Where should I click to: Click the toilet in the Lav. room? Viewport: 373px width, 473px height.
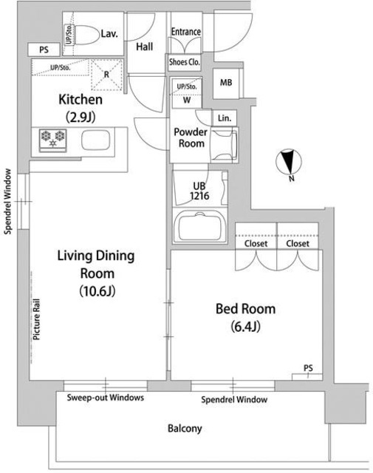pyautogui.click(x=86, y=35)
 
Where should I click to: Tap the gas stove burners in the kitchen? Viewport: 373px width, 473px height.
pyautogui.click(x=52, y=140)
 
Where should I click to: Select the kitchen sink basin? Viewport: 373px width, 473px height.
pyautogui.click(x=95, y=140)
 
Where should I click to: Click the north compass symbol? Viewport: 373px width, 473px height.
pyautogui.click(x=289, y=163)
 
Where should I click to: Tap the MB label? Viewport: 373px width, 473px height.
pyautogui.click(x=226, y=82)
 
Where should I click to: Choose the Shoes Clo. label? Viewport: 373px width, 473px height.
pyautogui.click(x=184, y=62)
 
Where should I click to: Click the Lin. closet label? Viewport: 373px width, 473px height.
pyautogui.click(x=225, y=118)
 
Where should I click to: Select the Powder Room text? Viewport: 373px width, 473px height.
pyautogui.click(x=191, y=137)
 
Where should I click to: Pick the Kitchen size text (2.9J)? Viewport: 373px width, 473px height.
pyautogui.click(x=81, y=117)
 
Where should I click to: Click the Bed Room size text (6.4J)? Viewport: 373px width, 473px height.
pyautogui.click(x=245, y=327)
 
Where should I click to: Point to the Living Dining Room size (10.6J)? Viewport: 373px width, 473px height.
pyautogui.click(x=97, y=291)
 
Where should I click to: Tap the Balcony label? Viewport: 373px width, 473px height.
pyautogui.click(x=185, y=429)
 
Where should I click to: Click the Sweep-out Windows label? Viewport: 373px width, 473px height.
pyautogui.click(x=105, y=398)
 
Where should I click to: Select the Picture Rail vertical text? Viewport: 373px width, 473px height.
pyautogui.click(x=36, y=319)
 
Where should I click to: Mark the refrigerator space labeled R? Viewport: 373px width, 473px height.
pyautogui.click(x=107, y=75)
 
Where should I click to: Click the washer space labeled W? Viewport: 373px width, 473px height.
pyautogui.click(x=187, y=100)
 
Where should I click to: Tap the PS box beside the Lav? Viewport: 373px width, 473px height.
pyautogui.click(x=44, y=50)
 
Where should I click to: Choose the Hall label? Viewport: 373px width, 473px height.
pyautogui.click(x=145, y=47)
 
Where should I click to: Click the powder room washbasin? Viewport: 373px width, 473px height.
pyautogui.click(x=224, y=145)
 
